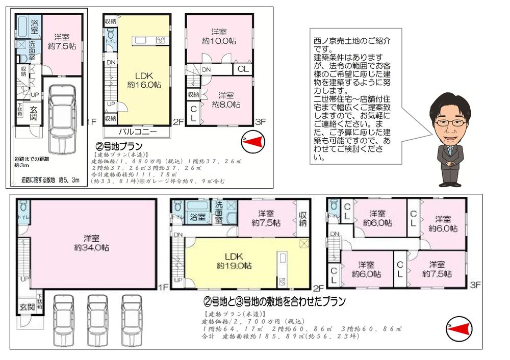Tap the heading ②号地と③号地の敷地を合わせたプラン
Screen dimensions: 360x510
tap(275, 301)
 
